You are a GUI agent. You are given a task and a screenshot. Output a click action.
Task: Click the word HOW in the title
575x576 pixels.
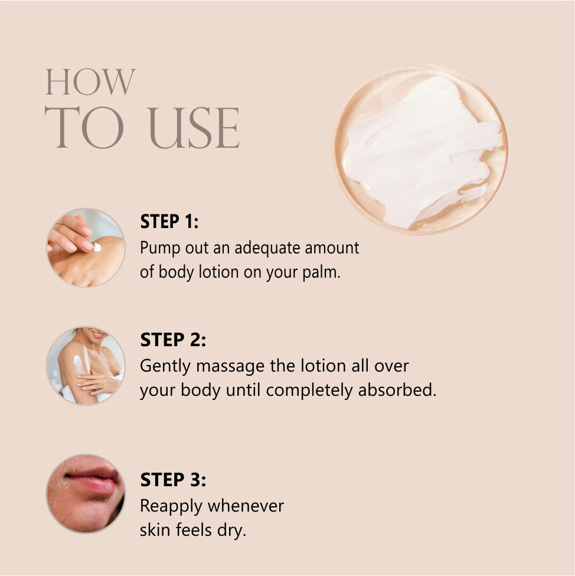click(x=90, y=82)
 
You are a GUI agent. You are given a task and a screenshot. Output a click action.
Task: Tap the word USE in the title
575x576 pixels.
click(x=194, y=128)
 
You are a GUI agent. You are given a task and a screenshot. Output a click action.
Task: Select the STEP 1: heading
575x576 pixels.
click(x=169, y=222)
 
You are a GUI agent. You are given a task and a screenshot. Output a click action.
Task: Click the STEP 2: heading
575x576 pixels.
click(x=173, y=340)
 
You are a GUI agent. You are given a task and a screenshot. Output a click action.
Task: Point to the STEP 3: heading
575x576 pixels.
click(x=173, y=480)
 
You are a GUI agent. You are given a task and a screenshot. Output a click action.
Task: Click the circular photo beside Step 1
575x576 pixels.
click(x=86, y=248)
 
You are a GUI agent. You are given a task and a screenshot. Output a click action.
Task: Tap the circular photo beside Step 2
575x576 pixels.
click(x=86, y=366)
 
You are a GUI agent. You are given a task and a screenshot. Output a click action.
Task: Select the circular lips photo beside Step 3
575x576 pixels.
click(x=86, y=493)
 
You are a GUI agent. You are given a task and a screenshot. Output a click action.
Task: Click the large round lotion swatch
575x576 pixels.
click(x=421, y=150)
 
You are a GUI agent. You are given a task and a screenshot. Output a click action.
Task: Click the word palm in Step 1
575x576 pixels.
click(x=321, y=272)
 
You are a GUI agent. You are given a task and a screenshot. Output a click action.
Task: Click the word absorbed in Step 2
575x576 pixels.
click(x=397, y=390)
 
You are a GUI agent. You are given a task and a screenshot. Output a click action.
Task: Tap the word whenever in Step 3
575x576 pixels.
click(x=246, y=506)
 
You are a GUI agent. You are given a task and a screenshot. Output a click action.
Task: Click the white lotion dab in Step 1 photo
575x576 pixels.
click(x=97, y=247)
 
